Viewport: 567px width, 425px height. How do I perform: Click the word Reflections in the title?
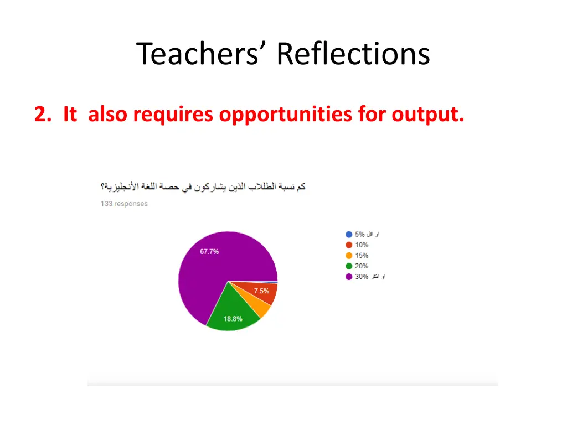pos(353,54)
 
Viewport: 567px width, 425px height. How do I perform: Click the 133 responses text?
pos(124,204)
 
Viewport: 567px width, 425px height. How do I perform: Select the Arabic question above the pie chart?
pos(203,187)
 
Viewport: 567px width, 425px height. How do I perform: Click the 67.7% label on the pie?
pos(209,251)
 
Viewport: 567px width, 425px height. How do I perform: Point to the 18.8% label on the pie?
pos(233,319)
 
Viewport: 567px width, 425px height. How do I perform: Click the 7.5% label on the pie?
pos(261,291)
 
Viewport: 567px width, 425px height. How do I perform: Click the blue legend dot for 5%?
pos(349,234)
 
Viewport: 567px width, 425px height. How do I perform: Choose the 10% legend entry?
pos(361,245)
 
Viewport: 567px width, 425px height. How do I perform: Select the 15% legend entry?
pos(361,255)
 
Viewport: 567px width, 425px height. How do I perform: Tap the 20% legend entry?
pos(361,266)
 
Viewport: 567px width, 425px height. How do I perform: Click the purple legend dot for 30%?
pos(349,276)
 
